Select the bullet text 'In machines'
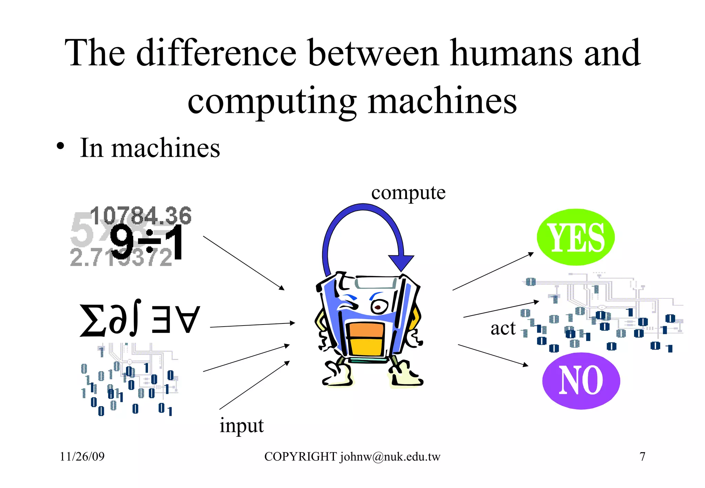point(150,148)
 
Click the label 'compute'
point(408,193)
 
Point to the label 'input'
point(242,426)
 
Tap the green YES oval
point(576,237)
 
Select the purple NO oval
point(581,381)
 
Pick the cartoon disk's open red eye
point(378,306)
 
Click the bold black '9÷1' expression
point(146,243)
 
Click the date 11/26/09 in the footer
point(82,457)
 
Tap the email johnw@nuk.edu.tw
point(390,457)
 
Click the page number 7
point(642,457)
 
